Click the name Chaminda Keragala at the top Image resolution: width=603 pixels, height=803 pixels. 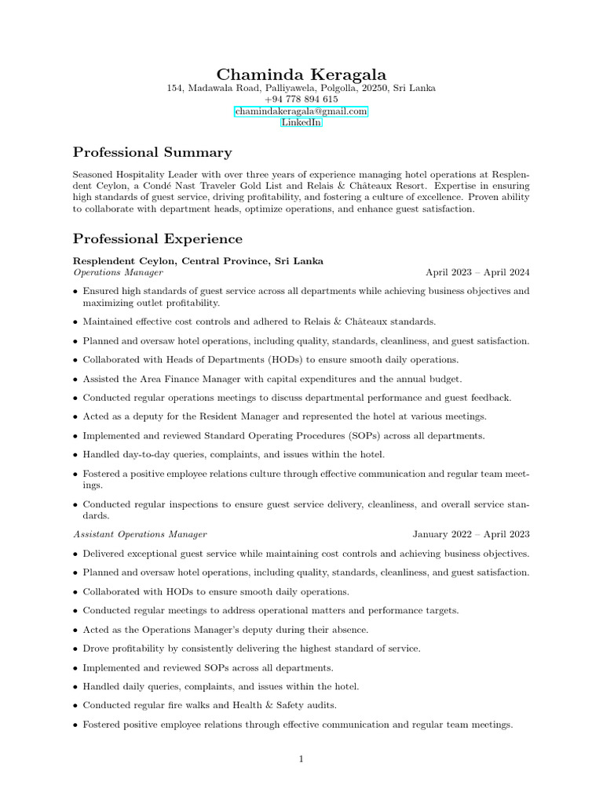click(x=301, y=74)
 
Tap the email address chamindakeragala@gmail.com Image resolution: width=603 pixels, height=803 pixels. click(x=301, y=111)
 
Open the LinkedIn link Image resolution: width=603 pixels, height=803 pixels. click(x=301, y=123)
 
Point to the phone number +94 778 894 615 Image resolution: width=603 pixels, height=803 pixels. click(x=301, y=100)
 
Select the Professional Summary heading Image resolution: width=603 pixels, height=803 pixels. click(x=152, y=152)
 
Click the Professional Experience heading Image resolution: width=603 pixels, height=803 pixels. click(x=158, y=238)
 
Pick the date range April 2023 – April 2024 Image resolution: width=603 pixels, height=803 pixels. click(x=477, y=272)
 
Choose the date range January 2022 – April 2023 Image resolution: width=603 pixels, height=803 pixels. click(x=471, y=534)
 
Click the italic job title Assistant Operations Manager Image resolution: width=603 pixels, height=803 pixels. click(x=140, y=534)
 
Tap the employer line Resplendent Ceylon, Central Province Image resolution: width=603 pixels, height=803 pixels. click(x=198, y=260)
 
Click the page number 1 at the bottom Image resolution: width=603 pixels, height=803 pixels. click(x=301, y=758)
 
